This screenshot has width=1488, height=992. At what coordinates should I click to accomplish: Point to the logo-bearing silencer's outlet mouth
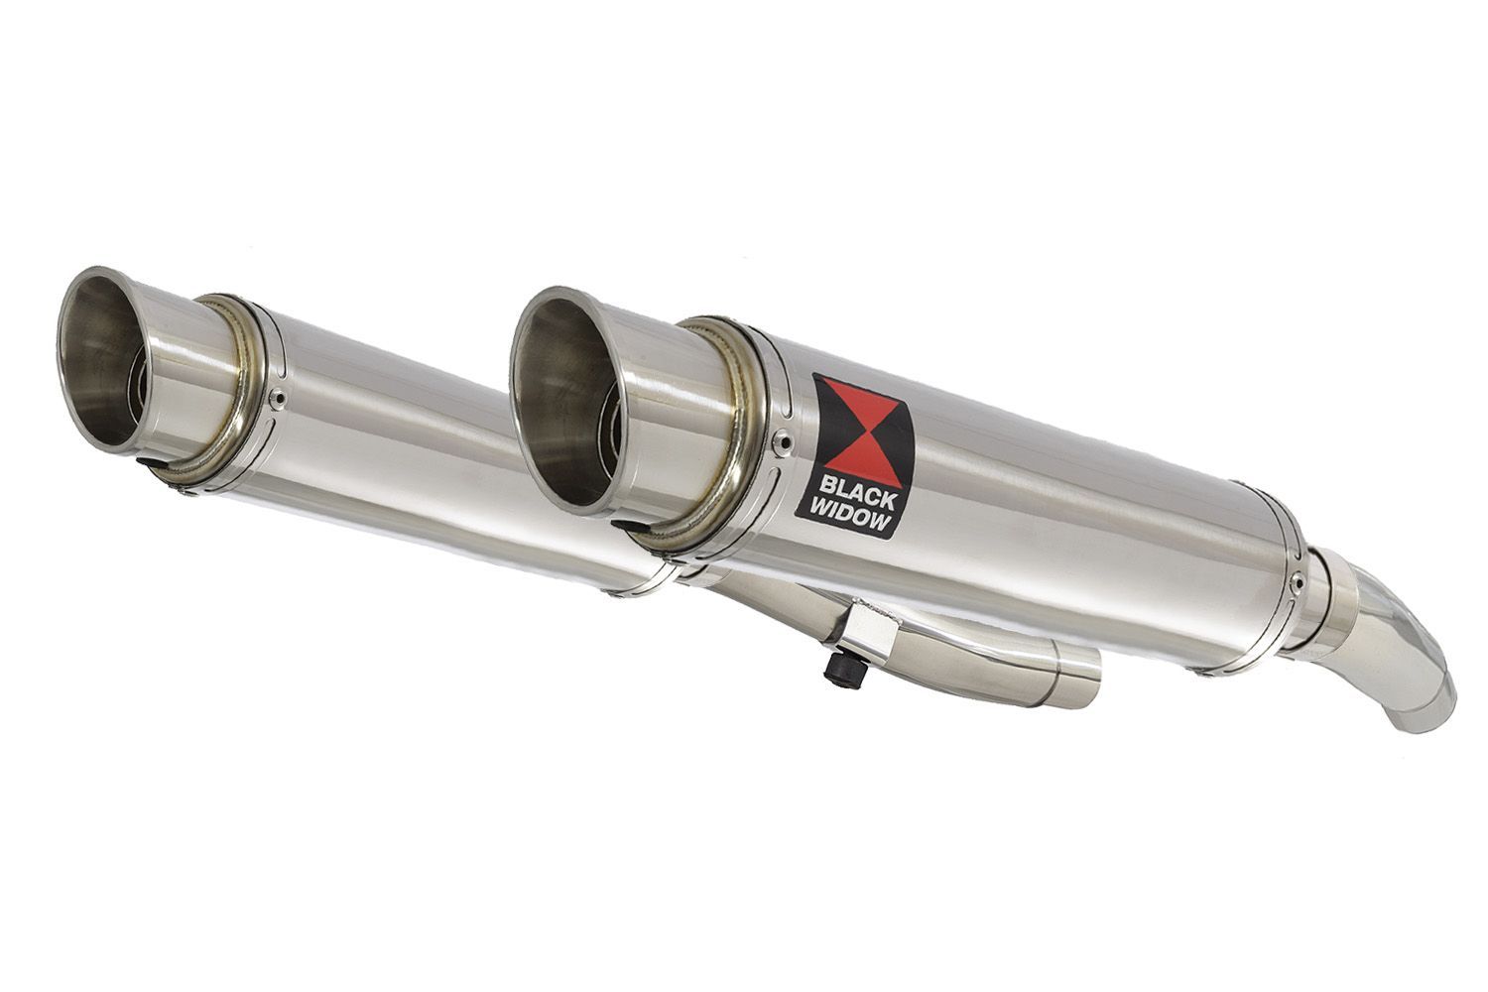(561, 400)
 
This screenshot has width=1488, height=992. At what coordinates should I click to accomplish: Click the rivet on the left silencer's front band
(279, 398)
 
